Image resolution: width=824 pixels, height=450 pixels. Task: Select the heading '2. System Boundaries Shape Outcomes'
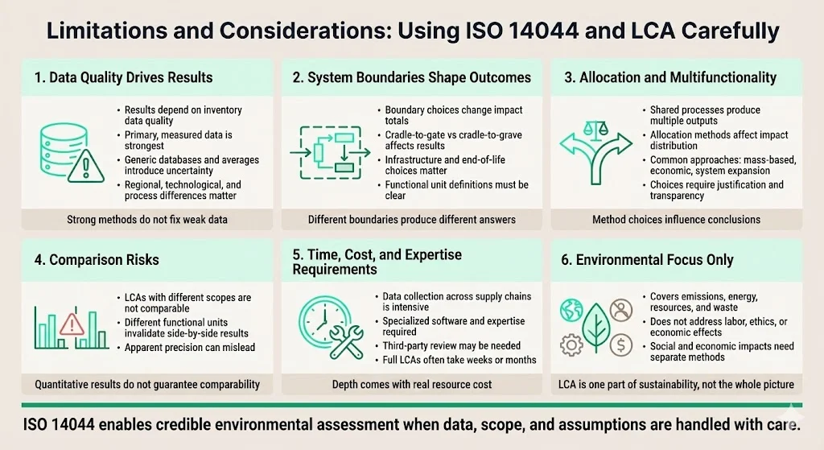pos(411,78)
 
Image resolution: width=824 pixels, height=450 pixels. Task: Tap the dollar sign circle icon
pos(620,345)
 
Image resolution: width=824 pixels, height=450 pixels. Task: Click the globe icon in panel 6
pos(571,310)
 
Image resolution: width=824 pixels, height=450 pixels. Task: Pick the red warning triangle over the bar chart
pos(72,323)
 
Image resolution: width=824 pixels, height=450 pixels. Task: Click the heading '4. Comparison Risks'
pos(97,260)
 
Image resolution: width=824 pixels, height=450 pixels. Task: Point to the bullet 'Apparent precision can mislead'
pos(189,348)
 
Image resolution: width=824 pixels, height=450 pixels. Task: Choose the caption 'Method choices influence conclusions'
pos(675,219)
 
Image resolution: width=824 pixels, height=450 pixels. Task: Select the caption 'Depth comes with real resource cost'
pos(412,385)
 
